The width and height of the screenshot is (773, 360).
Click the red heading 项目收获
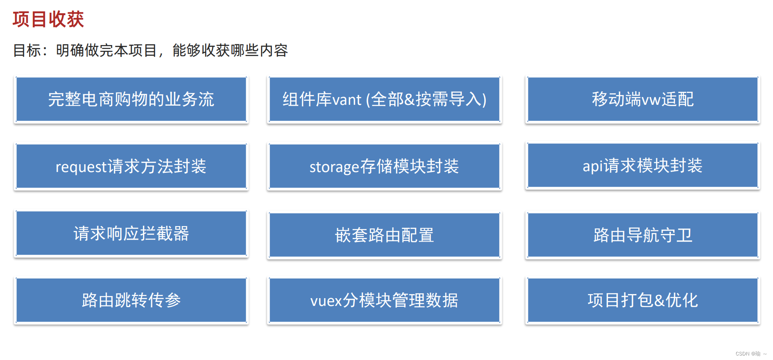click(x=48, y=19)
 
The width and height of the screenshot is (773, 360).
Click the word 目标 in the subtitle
click(x=27, y=51)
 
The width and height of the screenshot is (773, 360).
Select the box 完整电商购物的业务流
click(x=131, y=100)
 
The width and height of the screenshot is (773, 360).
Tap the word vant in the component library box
click(x=347, y=100)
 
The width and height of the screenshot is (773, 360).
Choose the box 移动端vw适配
click(x=642, y=100)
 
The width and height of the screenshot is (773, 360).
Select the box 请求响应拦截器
click(x=131, y=233)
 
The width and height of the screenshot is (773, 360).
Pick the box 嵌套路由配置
click(x=384, y=235)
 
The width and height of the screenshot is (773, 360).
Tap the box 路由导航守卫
click(x=642, y=235)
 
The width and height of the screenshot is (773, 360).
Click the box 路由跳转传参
click(x=131, y=300)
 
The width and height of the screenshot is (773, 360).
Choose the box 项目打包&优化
click(x=642, y=300)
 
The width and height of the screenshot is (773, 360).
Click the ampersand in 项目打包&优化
click(x=660, y=301)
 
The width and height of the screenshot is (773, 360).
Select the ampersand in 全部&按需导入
click(x=409, y=100)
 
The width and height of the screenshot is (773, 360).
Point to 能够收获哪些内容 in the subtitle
click(x=230, y=51)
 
